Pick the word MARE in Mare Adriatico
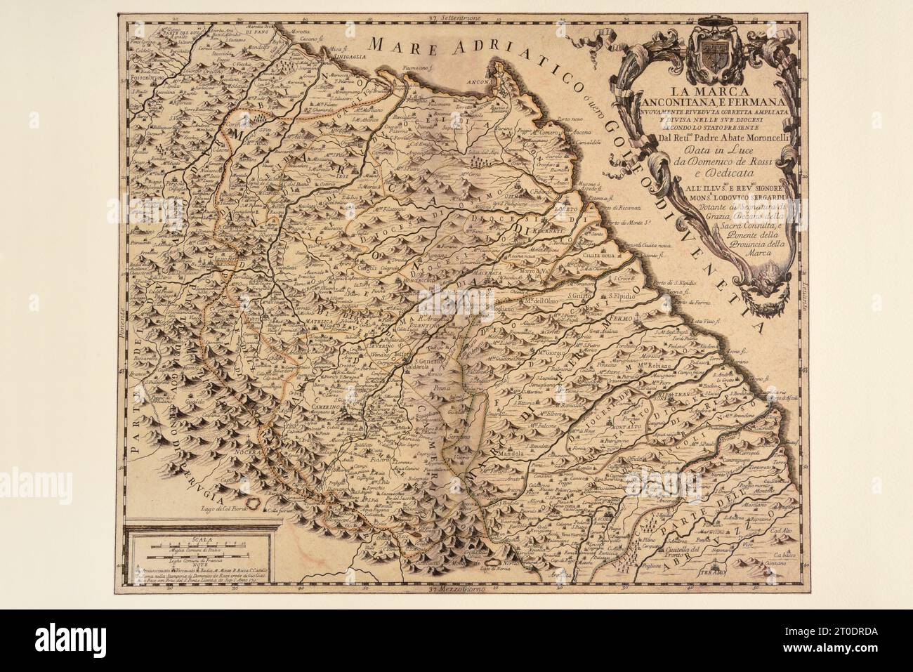point(405,47)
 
